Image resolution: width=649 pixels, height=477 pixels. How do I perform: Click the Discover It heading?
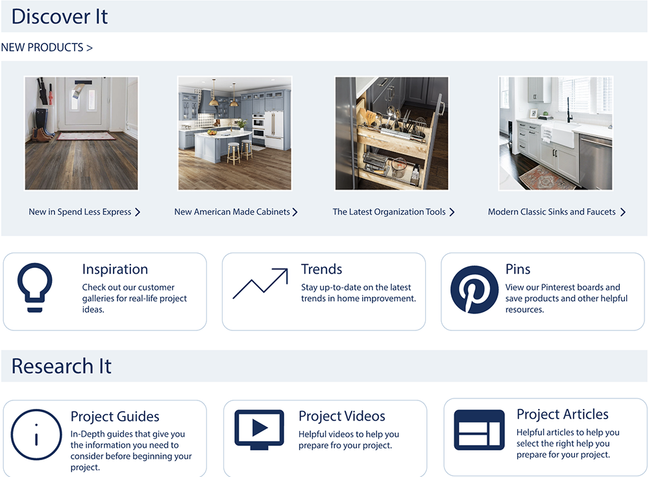point(60,17)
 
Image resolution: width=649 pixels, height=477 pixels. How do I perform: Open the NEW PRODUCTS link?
point(47,47)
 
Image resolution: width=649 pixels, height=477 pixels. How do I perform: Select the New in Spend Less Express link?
point(84,212)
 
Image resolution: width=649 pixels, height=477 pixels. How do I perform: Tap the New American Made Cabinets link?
point(236,212)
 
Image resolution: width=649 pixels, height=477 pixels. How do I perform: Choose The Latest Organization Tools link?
point(394,212)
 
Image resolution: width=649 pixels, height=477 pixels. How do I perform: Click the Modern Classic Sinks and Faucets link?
point(557,212)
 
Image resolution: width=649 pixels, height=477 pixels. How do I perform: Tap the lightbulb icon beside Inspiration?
point(35,287)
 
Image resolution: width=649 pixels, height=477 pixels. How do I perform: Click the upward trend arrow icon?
point(260,284)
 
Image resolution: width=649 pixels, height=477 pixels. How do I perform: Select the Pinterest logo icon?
point(474,289)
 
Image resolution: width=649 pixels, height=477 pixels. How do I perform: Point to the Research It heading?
point(61,366)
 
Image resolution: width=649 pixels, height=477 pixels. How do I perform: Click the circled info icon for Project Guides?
point(36,434)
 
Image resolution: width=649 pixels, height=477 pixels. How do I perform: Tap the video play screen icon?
point(259,430)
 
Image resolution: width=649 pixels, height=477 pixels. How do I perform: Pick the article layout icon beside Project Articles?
point(480,430)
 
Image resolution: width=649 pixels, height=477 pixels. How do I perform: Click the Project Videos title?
point(342,416)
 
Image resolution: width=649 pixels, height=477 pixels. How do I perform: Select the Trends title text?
point(322,269)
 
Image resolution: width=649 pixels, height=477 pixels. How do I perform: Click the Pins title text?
point(518,269)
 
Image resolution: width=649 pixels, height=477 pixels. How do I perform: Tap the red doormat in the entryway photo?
point(86,136)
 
